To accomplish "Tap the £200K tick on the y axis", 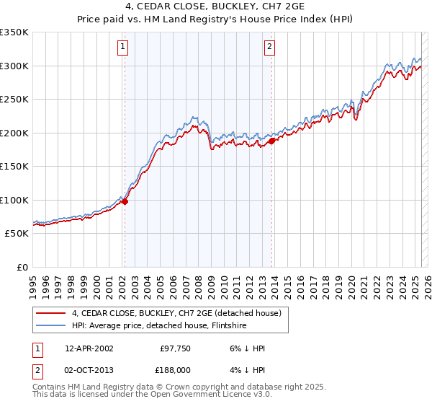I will coord(14,133).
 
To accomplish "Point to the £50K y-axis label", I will coord(17,234).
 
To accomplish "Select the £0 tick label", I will coord(22,267).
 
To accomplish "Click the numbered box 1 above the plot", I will coord(123,48).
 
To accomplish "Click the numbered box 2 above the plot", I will coord(269,48).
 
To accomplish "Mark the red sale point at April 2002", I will coord(125,202).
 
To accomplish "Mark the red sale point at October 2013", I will coord(272,141).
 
